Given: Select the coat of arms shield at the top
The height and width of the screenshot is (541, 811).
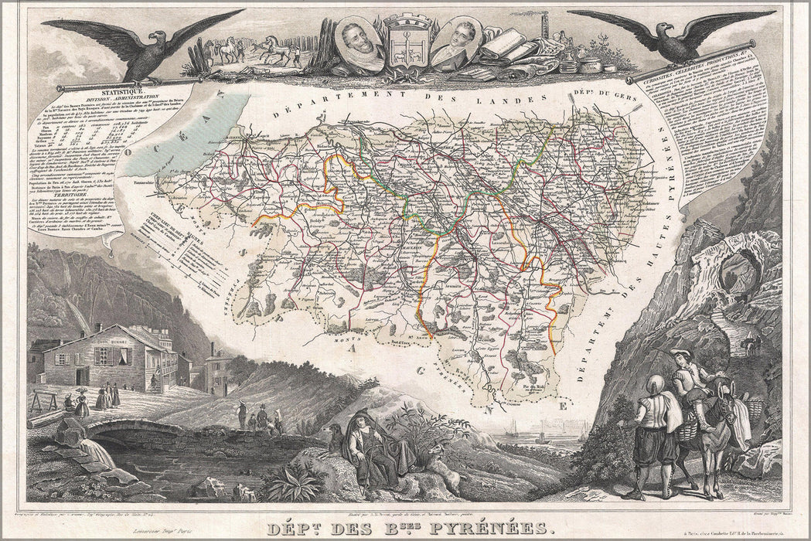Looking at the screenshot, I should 407,46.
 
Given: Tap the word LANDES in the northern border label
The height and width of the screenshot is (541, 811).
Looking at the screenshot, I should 533,101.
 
